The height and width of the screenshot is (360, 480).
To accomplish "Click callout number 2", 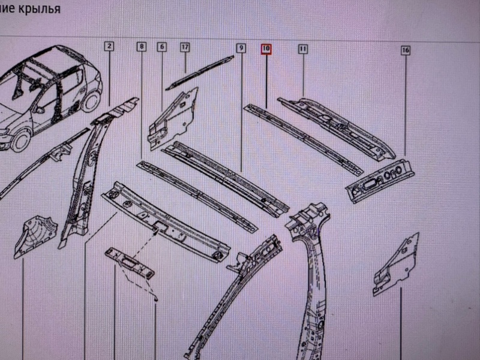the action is click(x=109, y=47).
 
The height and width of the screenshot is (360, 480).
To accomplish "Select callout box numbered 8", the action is click(x=142, y=47).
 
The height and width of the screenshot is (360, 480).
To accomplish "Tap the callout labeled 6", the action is click(x=162, y=47).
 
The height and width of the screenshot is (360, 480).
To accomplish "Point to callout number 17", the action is click(x=185, y=47).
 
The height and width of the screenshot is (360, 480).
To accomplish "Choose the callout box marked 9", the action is click(x=241, y=48).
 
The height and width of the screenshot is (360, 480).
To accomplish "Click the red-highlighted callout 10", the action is click(x=266, y=49).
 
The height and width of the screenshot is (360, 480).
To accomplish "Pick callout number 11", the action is click(x=303, y=49).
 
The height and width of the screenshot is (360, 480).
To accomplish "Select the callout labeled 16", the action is click(x=406, y=50).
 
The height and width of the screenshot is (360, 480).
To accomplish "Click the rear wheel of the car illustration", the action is click(x=91, y=101).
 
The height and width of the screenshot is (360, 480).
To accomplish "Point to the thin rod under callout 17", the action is click(x=200, y=73).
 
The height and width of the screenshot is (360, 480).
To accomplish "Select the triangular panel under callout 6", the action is click(x=173, y=119).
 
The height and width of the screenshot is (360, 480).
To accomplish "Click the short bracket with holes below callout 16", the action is click(x=380, y=181).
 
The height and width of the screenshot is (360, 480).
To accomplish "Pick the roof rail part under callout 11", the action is click(x=337, y=128).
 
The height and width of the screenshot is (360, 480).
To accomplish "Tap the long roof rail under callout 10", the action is click(x=303, y=140).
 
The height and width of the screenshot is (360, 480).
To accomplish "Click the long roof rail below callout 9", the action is click(x=226, y=178).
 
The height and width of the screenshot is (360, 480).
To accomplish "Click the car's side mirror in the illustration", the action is click(x=39, y=110).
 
